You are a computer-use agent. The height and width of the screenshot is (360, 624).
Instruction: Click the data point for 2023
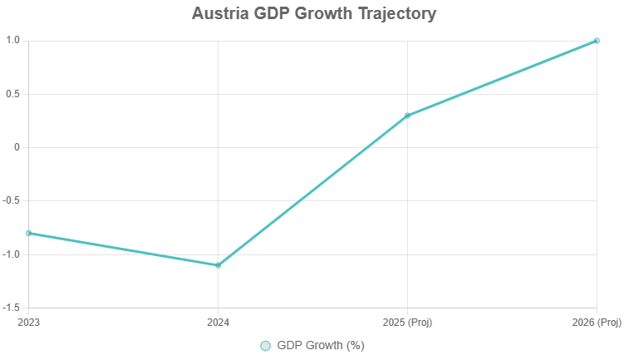(29, 233)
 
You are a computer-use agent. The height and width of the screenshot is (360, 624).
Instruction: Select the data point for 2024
(218, 265)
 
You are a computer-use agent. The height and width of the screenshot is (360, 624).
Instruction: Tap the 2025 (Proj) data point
(407, 116)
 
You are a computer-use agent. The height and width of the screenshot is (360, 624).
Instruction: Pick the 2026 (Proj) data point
(597, 41)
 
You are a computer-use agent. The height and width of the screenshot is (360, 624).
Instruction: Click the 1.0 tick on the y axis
(12, 41)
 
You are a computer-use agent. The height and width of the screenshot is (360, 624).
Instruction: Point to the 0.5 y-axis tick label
(12, 94)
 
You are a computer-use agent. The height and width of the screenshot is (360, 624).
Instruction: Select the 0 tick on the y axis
(17, 147)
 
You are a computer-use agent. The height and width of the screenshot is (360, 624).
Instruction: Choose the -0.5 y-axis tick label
(11, 200)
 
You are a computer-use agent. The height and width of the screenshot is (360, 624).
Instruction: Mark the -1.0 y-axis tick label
(11, 254)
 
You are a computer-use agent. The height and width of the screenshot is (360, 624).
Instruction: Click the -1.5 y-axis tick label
(11, 308)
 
